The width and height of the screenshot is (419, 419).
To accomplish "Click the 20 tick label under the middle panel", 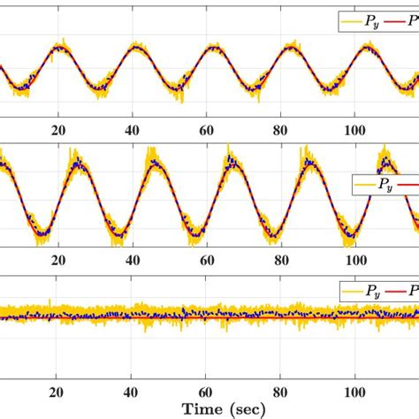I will point(58,261).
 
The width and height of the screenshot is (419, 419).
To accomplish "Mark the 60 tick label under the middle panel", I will point(208,261).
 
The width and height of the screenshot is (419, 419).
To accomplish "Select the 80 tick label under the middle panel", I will point(282,261).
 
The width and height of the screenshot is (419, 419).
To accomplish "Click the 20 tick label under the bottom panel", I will point(58,392).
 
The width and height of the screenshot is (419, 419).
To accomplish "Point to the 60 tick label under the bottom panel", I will point(208,392).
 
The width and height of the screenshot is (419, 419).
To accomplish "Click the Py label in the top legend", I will point(367,17).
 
